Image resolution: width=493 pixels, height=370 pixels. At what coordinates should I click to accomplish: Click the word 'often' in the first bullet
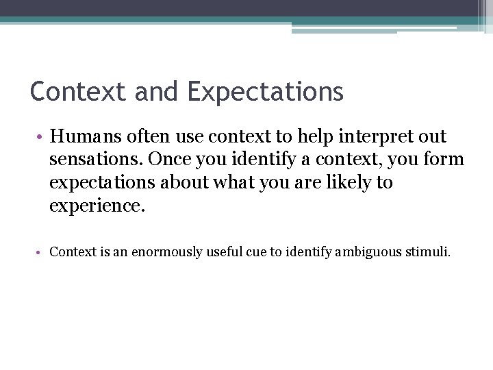click(x=158, y=136)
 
